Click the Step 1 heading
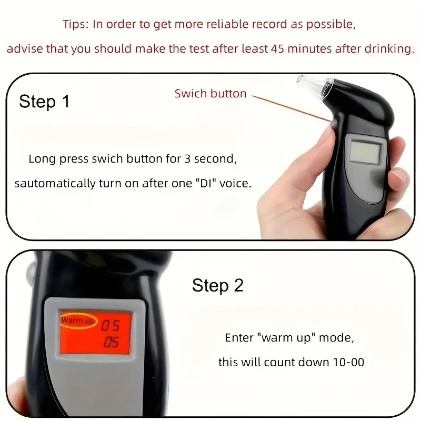pyautogui.click(x=44, y=101)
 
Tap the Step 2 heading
pyautogui.click(x=218, y=285)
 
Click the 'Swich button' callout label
pyautogui.click(x=210, y=94)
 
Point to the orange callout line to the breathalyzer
pyautogui.click(x=289, y=108)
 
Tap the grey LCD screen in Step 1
pyautogui.click(x=365, y=151)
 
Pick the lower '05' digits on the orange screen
pyautogui.click(x=111, y=343)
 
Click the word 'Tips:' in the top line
pyautogui.click(x=76, y=24)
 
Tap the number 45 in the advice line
pyautogui.click(x=277, y=49)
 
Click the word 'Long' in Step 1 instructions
pyautogui.click(x=40, y=158)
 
